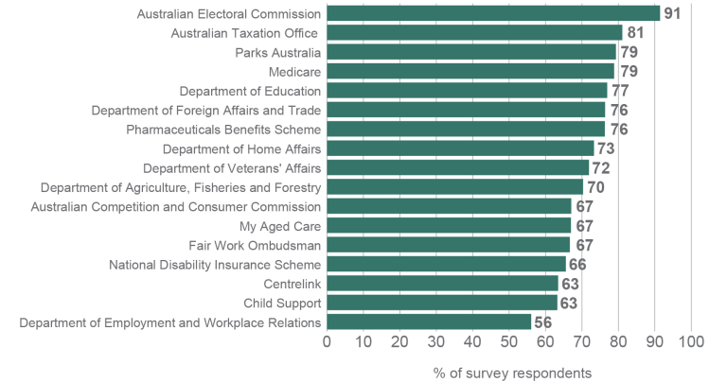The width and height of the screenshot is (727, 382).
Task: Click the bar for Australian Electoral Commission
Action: coord(492,13)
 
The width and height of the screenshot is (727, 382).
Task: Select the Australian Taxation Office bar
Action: coord(474,33)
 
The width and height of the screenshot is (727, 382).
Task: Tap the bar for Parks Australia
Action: coord(470,52)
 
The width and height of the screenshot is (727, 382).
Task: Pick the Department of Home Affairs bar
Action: coord(460,148)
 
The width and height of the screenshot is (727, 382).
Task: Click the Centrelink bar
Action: coord(442,284)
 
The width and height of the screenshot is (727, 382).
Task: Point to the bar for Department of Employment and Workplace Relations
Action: coord(429,322)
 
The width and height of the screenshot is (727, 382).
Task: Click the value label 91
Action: coord(672,13)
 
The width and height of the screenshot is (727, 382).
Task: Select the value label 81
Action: coord(635,33)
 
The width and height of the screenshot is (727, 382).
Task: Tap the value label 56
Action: coord(543,322)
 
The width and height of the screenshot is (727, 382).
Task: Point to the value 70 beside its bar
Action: coord(595,187)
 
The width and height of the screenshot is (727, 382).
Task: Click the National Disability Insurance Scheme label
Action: coord(215,265)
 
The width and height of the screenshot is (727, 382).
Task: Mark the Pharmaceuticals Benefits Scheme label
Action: coord(223,129)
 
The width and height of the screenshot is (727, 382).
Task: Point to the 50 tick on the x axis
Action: coord(508,341)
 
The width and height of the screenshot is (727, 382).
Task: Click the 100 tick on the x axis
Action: coord(691,341)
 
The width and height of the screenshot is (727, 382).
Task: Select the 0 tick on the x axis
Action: coord(328,341)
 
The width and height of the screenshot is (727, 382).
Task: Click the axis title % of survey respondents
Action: coord(512,372)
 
